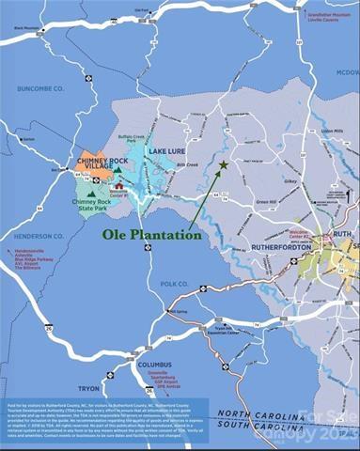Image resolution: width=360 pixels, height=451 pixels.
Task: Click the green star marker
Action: coord(223,165)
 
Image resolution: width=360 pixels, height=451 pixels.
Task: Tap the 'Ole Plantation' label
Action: coord(152,235)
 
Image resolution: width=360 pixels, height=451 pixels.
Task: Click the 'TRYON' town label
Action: coord(88,387)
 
